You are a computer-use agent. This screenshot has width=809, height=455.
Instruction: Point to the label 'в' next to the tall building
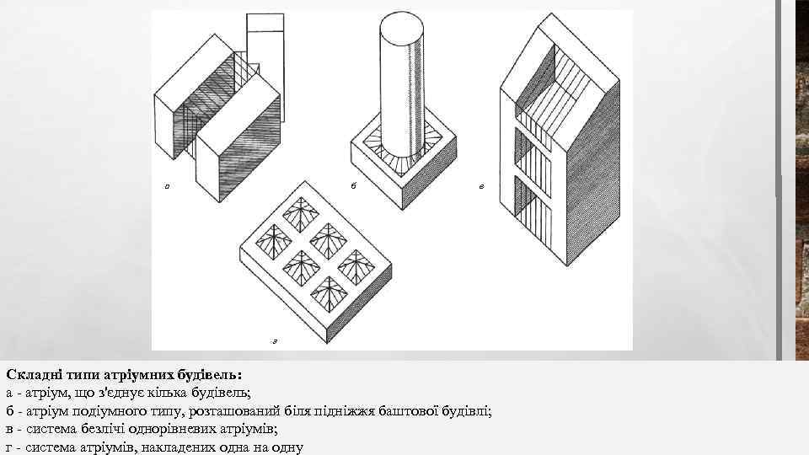pos(480,186)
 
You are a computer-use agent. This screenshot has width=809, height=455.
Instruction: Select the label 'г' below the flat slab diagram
pos(275,340)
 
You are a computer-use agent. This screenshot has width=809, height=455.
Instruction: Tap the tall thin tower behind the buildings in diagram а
pos(263,42)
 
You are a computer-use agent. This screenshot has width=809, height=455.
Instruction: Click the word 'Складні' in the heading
pos(31,373)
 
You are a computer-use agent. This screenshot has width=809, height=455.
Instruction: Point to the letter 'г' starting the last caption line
pos(8,448)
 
